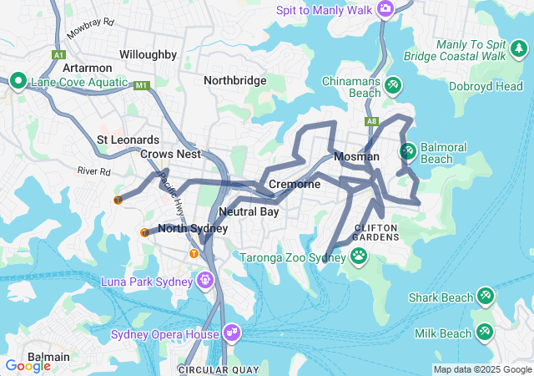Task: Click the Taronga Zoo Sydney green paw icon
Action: pyautogui.click(x=360, y=256)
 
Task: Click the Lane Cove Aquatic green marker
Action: pyautogui.click(x=18, y=82)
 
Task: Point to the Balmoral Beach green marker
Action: pyautogui.click(x=408, y=151)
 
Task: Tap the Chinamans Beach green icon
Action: pyautogui.click(x=393, y=85)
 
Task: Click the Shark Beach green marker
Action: pyautogui.click(x=486, y=297)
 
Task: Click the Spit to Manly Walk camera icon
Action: pyautogui.click(x=385, y=9)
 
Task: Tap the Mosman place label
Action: pyautogui.click(x=356, y=157)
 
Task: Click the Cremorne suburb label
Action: pyautogui.click(x=295, y=184)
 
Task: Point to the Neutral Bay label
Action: pyautogui.click(x=249, y=212)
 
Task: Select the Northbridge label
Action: pyautogui.click(x=235, y=80)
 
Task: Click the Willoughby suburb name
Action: pyautogui.click(x=148, y=54)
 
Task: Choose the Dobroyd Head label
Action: pyautogui.click(x=486, y=86)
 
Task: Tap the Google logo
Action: pyautogui.click(x=28, y=365)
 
